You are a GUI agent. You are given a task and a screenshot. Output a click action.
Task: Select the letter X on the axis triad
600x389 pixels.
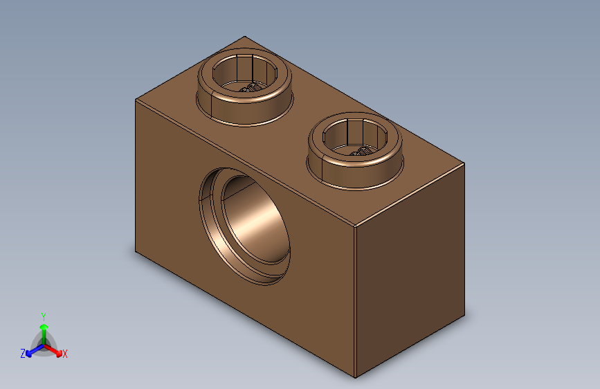coord(65,354)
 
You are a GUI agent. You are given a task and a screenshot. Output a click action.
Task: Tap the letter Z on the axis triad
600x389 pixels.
coord(23,354)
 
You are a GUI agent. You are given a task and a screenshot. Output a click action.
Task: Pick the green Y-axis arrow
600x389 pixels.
coord(44,327)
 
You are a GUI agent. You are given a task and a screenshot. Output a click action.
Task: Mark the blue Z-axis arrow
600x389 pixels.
coord(31,351)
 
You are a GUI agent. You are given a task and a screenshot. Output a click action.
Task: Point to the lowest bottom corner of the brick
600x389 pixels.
coord(356,377)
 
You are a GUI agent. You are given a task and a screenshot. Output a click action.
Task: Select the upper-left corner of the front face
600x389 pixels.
coord(135,100)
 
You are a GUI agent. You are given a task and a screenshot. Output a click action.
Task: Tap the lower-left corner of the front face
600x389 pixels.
coord(135,253)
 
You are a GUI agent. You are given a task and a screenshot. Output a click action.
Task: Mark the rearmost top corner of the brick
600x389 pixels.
coord(244,37)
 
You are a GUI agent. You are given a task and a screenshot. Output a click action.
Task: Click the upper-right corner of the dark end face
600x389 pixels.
coord(464,163)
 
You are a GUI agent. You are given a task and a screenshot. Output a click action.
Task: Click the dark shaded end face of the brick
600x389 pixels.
coord(410,270)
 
